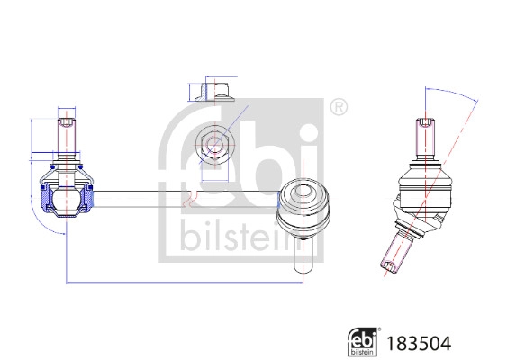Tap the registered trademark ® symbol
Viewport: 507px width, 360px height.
[x=339, y=107]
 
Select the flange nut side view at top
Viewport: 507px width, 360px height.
[x=214, y=92]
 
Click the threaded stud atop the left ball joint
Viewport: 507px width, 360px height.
[x=68, y=137]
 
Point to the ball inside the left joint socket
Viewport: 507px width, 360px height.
[x=67, y=196]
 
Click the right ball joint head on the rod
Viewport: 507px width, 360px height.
[x=304, y=207]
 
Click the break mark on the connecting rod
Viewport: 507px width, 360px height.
[x=188, y=196]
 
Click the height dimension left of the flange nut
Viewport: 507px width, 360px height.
[x=191, y=92]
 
